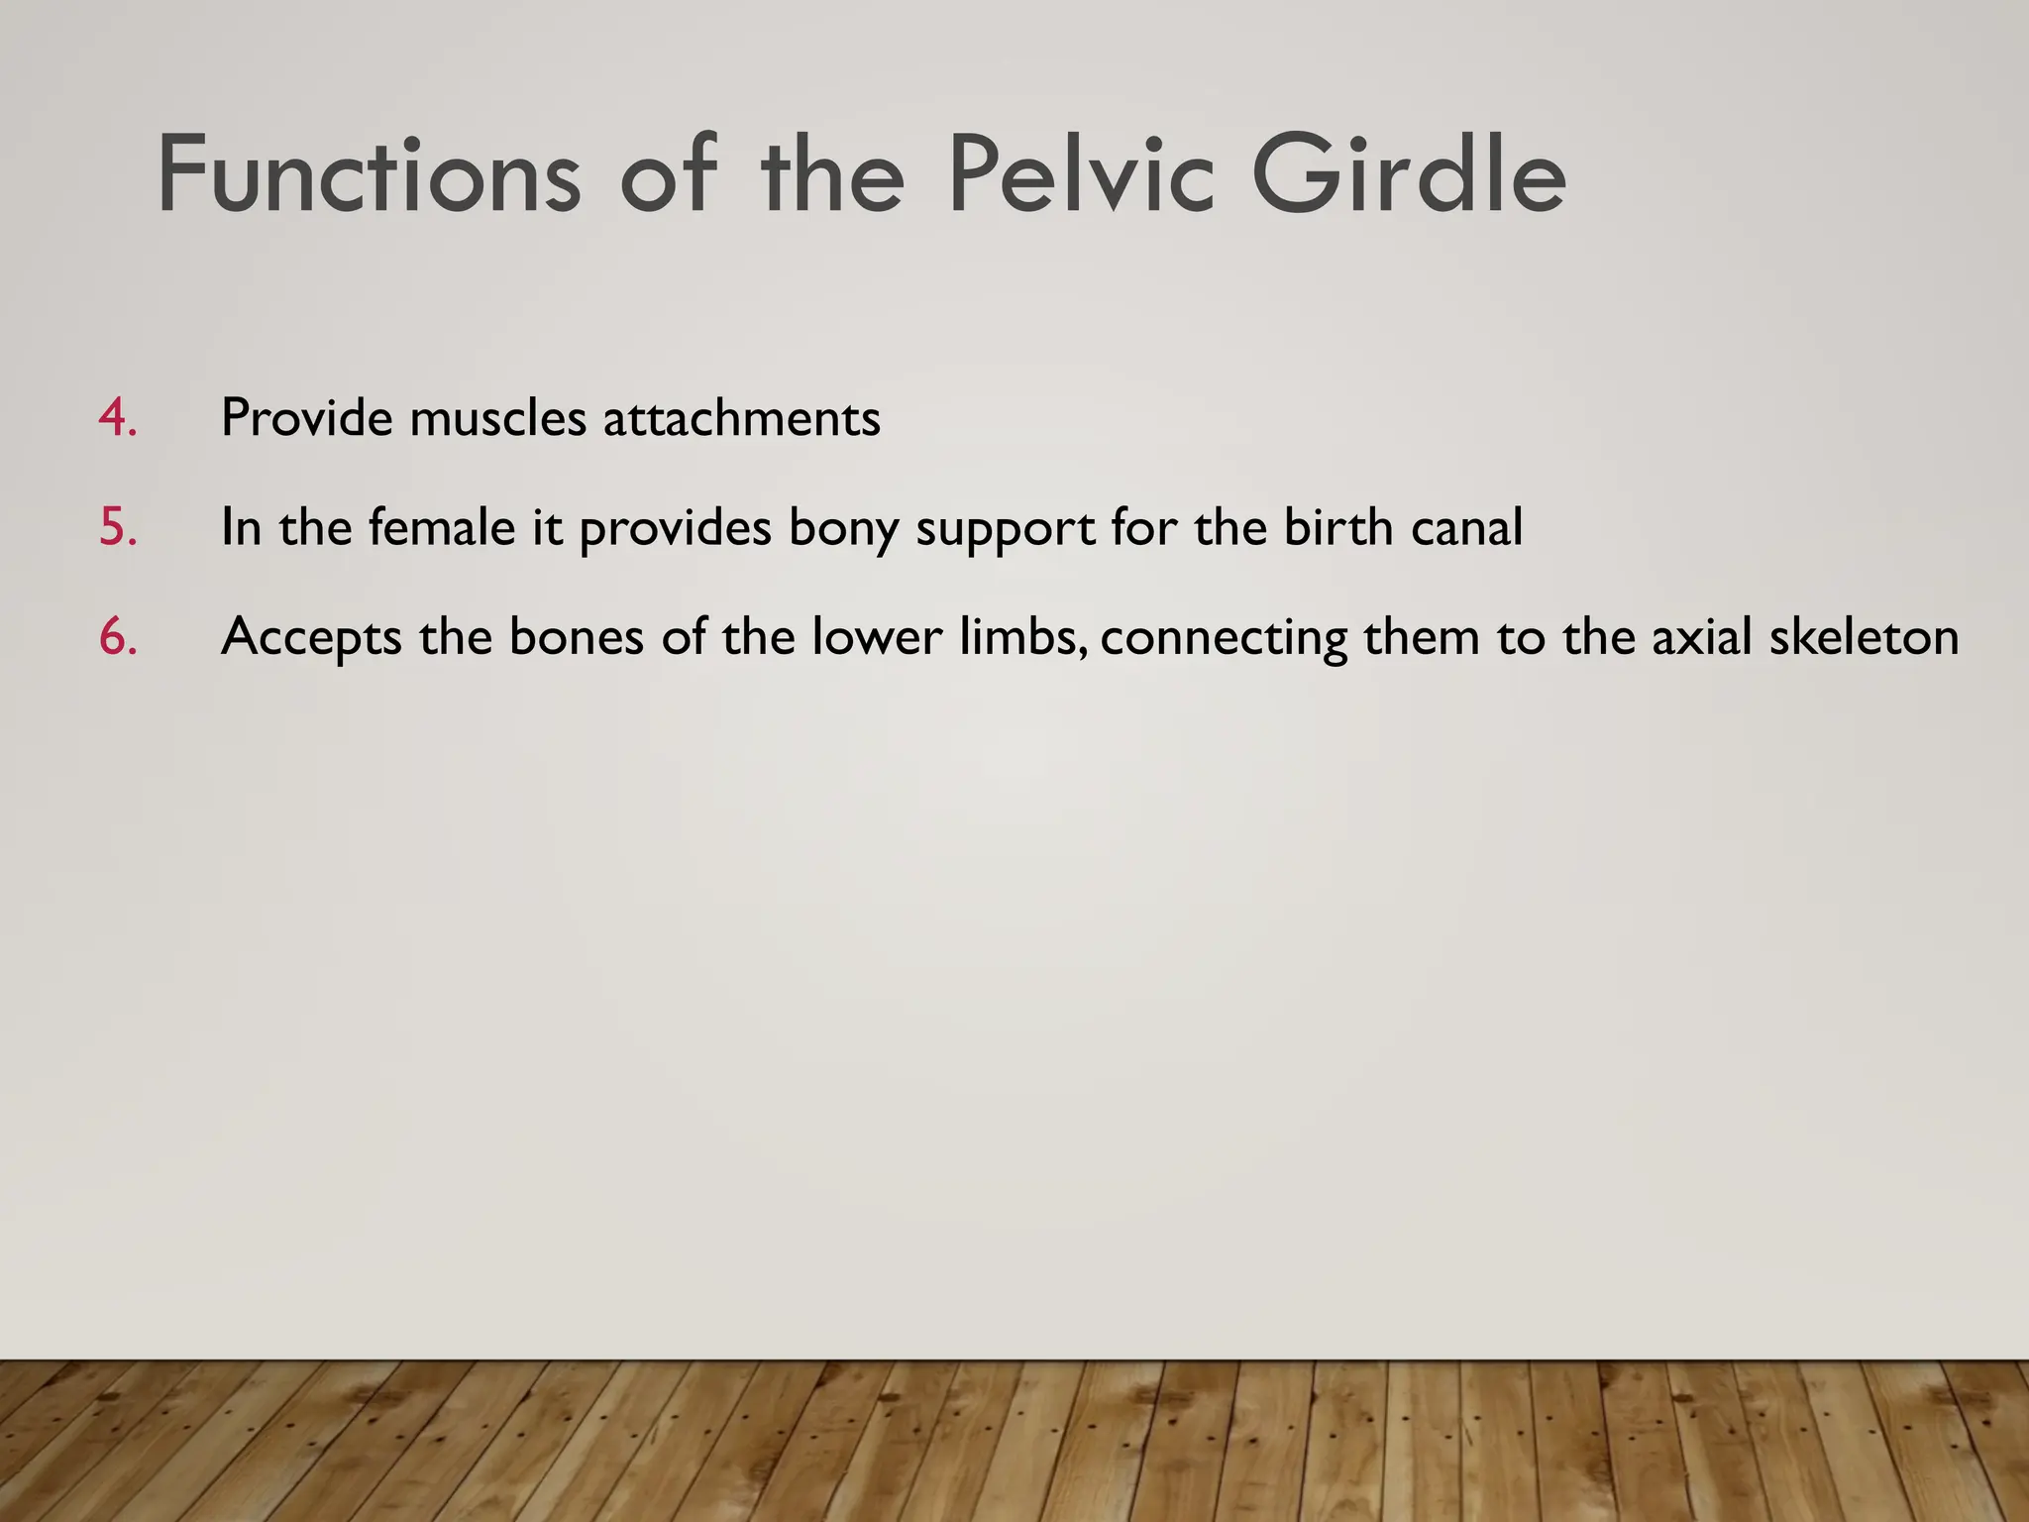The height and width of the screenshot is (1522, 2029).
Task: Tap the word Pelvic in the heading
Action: pos(1081,176)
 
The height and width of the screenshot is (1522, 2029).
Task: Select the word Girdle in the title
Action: pos(1408,176)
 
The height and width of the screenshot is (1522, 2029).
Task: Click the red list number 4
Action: pos(117,418)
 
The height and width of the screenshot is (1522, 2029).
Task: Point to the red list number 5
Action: pos(117,527)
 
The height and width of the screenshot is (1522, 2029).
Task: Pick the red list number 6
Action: pos(117,636)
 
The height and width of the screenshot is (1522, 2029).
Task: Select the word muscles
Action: pos(498,418)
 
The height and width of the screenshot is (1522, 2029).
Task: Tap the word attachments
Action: pos(741,418)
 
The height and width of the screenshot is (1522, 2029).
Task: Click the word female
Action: pos(443,527)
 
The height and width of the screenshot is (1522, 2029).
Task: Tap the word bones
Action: pos(577,636)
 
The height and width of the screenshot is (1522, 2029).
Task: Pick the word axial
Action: pos(1701,636)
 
